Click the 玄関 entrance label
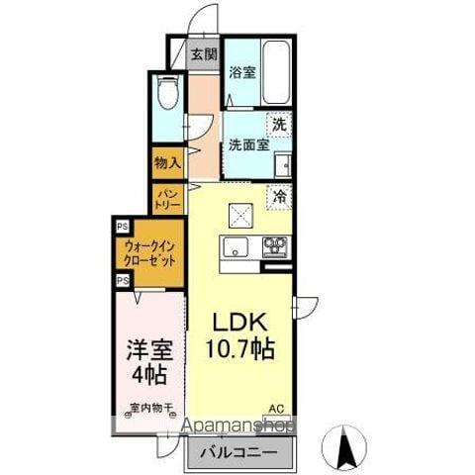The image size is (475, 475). tap(204, 55)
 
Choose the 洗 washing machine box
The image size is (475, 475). tap(280, 125)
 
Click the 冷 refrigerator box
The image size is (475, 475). tap(280, 197)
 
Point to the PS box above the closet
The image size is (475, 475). tap(121, 225)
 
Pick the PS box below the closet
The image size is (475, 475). tap(121, 281)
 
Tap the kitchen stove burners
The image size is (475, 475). tap(273, 244)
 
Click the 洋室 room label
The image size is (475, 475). tap(144, 350)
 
